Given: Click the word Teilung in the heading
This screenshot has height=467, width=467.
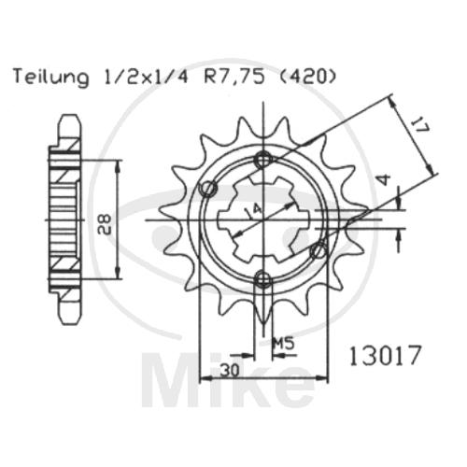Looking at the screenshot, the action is [51, 78].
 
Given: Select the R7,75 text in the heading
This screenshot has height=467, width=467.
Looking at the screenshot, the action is [233, 78].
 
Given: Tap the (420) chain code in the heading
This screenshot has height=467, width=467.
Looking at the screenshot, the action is [307, 78].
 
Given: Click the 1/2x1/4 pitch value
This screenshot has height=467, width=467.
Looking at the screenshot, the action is [145, 78].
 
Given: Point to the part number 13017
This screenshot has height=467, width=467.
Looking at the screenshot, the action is [385, 355].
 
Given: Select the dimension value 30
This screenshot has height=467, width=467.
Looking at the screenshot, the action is [231, 370].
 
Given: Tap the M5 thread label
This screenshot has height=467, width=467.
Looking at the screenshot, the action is [283, 344].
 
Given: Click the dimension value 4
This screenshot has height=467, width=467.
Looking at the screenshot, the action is [386, 180].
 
